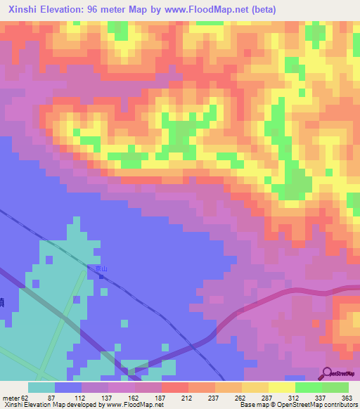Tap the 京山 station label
click(x=103, y=269)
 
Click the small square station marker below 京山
click(x=103, y=276)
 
